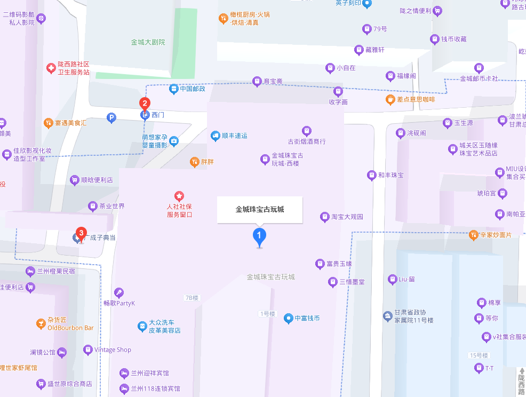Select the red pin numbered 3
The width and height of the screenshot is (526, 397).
click(x=81, y=233)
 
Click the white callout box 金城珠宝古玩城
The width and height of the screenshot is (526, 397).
click(x=260, y=209)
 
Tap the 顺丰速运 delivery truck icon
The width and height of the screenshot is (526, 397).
click(x=216, y=136)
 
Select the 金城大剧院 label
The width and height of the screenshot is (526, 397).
click(x=148, y=42)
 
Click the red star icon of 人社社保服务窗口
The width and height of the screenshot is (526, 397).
click(x=179, y=196)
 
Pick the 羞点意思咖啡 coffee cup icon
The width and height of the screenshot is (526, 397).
click(x=390, y=99)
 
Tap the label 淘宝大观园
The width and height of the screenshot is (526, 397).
click(x=347, y=217)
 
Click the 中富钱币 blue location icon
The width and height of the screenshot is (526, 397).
click(x=288, y=319)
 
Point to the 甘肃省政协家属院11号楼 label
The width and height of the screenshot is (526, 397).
click(x=414, y=316)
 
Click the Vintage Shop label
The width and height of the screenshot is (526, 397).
click(x=113, y=350)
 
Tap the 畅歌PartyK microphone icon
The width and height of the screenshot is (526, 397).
click(x=118, y=292)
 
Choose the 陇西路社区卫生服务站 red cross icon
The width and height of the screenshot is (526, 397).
click(x=51, y=68)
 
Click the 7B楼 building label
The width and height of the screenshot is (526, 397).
click(x=191, y=298)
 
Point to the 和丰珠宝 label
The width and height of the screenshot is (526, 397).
click(x=390, y=175)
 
